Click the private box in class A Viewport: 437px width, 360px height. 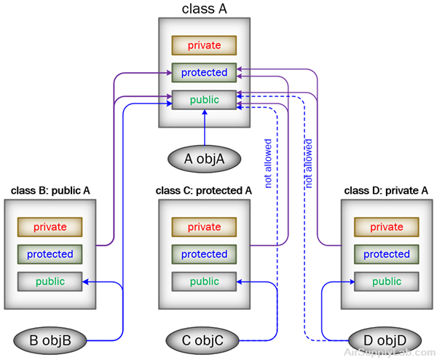pyautogui.click(x=204, y=45)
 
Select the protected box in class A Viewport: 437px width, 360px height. pyautogui.click(x=204, y=73)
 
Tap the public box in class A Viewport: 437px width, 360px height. pyautogui.click(x=204, y=100)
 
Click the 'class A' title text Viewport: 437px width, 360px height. pyautogui.click(x=204, y=9)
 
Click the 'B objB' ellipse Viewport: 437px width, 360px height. pyautogui.click(x=50, y=340)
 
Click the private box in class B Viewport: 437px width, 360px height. pyautogui.click(x=50, y=227)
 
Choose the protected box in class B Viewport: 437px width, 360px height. pyautogui.click(x=50, y=254)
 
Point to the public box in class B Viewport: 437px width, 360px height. pyautogui.click(x=50, y=281)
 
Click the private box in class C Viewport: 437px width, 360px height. pyautogui.click(x=204, y=227)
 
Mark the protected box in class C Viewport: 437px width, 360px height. pyautogui.click(x=204, y=254)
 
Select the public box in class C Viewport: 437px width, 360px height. pyautogui.click(x=204, y=281)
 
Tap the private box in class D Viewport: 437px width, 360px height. pyautogui.click(x=386, y=227)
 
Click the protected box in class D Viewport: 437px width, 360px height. pyautogui.click(x=386, y=254)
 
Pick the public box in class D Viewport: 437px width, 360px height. pyautogui.click(x=386, y=281)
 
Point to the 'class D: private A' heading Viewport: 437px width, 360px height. pyautogui.click(x=385, y=191)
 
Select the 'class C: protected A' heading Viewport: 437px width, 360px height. pyautogui.click(x=204, y=191)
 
